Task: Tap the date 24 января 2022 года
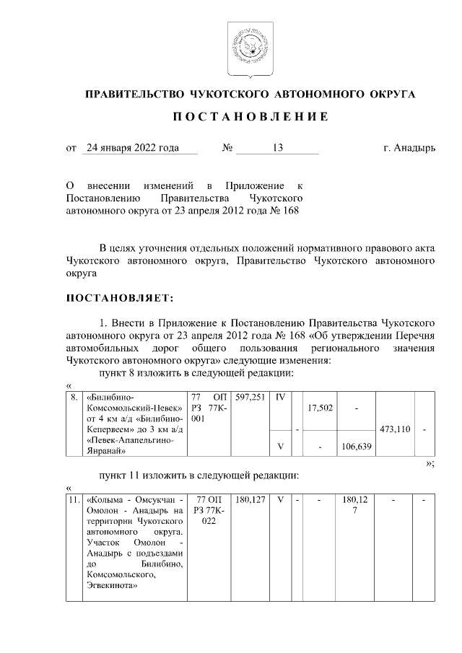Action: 131,148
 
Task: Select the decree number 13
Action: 278,148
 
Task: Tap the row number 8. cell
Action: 74,398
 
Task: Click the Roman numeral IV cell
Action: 280,398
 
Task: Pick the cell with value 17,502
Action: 320,408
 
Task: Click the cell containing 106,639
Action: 355,447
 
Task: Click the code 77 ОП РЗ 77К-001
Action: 209,408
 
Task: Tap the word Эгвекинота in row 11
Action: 111,587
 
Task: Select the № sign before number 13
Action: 228,148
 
